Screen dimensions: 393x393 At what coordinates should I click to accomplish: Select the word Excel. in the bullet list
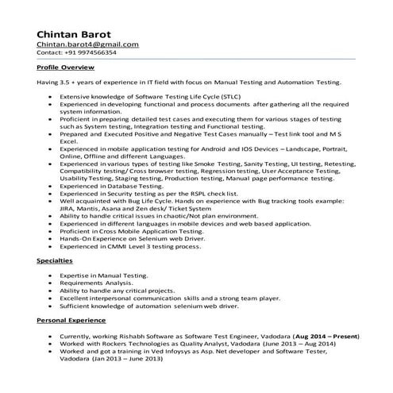pyautogui.click(x=70, y=141)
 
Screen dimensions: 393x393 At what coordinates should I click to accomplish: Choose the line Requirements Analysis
pyautogui.click(x=98, y=283)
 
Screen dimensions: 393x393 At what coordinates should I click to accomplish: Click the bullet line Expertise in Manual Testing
pyautogui.click(x=104, y=275)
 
